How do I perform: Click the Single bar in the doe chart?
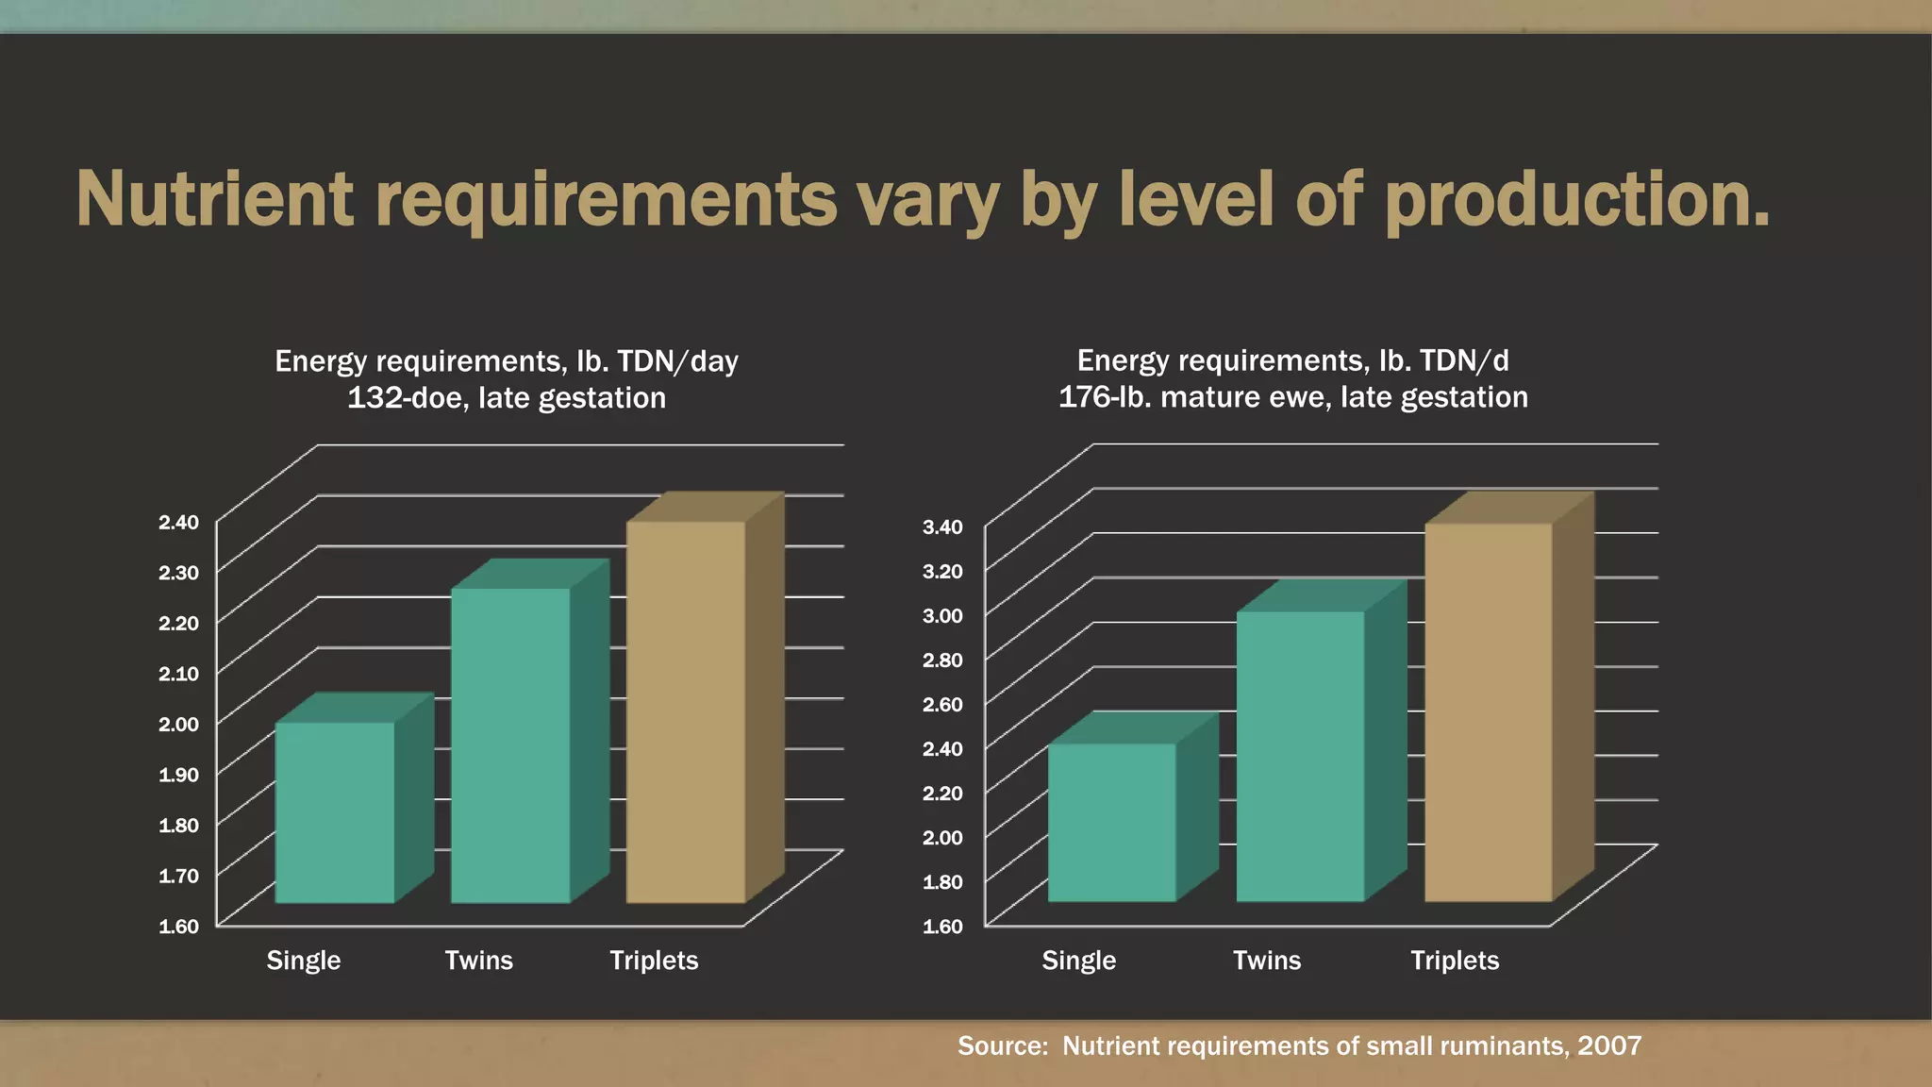coord(335,811)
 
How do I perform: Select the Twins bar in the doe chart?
coord(510,745)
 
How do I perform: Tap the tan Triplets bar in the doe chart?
coord(686,712)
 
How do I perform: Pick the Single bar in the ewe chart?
coord(1112,822)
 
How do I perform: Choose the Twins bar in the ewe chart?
coord(1300,756)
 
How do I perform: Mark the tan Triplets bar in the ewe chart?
coord(1488,712)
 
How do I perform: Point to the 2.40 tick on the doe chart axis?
coord(178,522)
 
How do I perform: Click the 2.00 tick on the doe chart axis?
coord(178,724)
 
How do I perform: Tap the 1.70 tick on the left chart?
coord(178,876)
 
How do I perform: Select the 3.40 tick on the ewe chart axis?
coord(942,527)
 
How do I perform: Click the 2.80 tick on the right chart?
coord(942,660)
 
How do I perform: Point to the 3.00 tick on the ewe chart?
coord(942,615)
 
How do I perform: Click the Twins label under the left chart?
coord(478,961)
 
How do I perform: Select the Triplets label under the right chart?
coord(1454,961)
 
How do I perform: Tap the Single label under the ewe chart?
coord(1078,961)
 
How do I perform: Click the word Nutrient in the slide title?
coord(214,199)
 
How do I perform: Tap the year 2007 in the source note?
coord(1609,1045)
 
